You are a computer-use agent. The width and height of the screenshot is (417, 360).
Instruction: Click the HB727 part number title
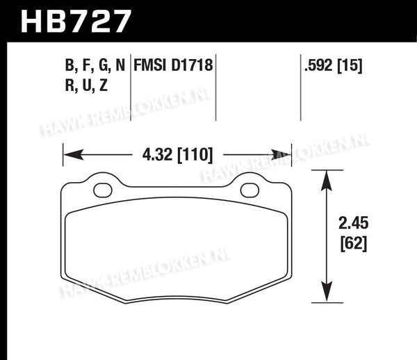[x=76, y=22]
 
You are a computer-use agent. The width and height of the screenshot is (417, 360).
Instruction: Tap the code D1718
[x=192, y=65]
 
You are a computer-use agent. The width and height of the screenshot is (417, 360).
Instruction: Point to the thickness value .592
[x=318, y=65]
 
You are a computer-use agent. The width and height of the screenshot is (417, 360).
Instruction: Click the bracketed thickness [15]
[x=350, y=65]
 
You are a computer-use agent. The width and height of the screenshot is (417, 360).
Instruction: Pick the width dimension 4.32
[x=157, y=154]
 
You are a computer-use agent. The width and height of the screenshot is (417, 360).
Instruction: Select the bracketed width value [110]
[x=195, y=155]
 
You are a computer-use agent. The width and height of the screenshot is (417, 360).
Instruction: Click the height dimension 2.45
[x=354, y=223]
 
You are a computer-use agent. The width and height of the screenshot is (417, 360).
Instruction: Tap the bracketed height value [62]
[x=354, y=243]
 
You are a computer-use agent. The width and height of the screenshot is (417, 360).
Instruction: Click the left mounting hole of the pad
[x=103, y=190]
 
